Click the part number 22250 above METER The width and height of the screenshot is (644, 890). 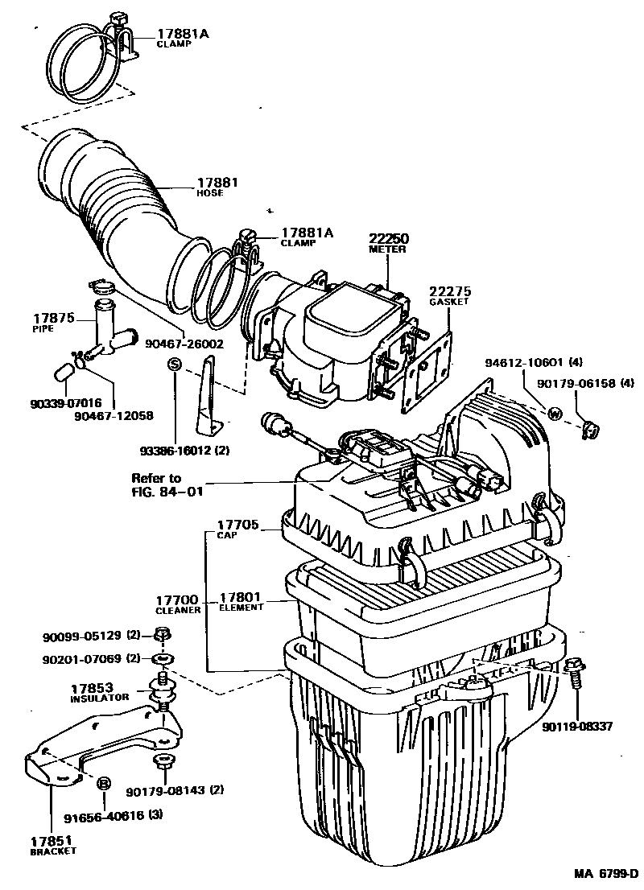[x=389, y=239]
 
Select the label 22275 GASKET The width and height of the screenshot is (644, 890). [x=449, y=295]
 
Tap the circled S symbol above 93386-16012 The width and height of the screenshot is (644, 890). [x=172, y=365]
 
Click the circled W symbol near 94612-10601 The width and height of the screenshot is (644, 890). [x=555, y=414]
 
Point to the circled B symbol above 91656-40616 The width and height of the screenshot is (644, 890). [x=104, y=784]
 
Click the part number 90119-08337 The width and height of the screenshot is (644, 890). [x=577, y=726]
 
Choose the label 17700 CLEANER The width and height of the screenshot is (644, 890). [x=176, y=604]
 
